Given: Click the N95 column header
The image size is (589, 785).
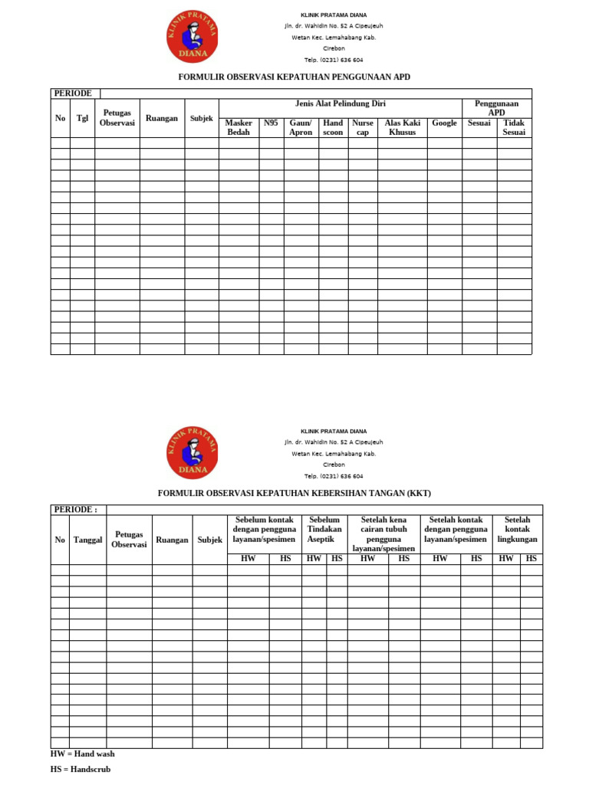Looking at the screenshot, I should tap(271, 123).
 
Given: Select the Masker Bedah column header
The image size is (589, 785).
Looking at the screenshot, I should tap(239, 127).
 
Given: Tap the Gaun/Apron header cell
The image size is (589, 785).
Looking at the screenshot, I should tap(301, 127).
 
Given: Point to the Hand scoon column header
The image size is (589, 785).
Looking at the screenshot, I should tap(333, 127).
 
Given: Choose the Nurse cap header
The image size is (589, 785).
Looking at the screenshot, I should tap(363, 127).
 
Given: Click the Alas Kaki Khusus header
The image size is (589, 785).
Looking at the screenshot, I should tap(402, 127).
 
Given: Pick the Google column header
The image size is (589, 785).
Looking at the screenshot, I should tap(444, 123).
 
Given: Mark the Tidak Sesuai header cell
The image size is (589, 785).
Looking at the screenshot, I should tap(514, 127).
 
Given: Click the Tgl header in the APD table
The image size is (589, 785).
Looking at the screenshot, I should tap(82, 118).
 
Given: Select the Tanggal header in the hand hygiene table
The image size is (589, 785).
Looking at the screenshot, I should tap(87, 540).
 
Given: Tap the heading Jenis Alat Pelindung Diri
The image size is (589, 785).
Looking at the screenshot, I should tap(340, 103).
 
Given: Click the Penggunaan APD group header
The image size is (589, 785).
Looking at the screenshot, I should tap(496, 107).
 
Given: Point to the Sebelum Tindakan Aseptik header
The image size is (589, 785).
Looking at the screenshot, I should tap(324, 530).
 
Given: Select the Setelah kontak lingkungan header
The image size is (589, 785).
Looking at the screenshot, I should tap(517, 530).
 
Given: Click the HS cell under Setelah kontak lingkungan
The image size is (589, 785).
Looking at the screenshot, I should tap(531, 559).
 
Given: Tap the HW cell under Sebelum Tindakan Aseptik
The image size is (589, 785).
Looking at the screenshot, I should tap(314, 559).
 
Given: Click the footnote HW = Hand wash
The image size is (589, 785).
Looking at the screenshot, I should tap(83, 754).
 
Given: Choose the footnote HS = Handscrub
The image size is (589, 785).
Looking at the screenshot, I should tap(81, 769).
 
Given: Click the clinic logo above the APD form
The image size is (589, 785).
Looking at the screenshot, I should tap(192, 38).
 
